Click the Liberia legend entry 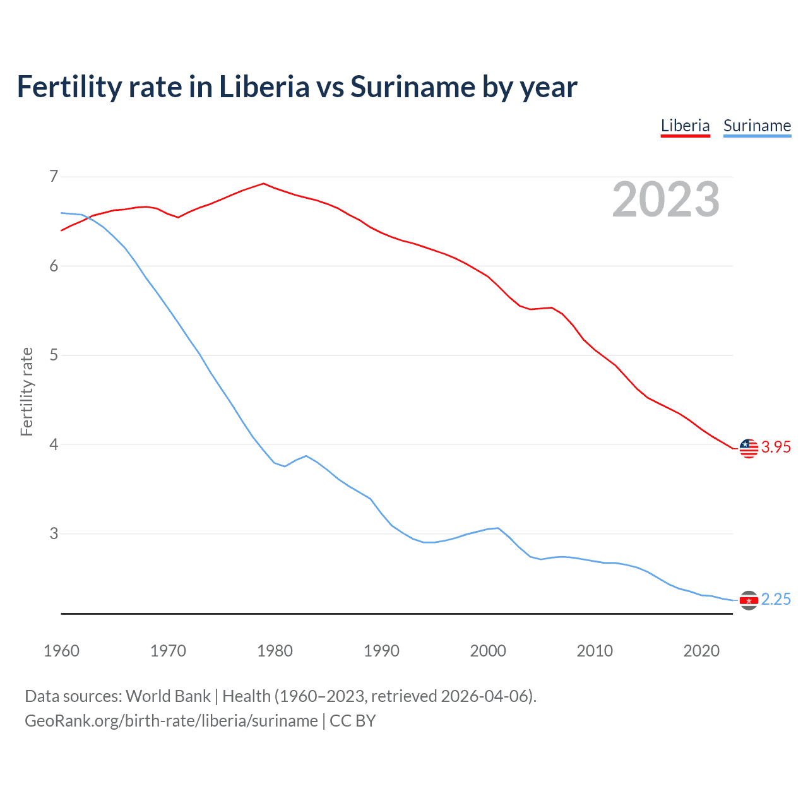[685, 126]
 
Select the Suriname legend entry [757, 126]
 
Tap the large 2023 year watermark [665, 199]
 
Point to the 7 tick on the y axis [54, 176]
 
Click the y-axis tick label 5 [54, 355]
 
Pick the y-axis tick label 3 [54, 533]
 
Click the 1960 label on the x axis [61, 651]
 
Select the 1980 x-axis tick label [275, 651]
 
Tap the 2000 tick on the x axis [488, 651]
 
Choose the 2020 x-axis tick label [701, 651]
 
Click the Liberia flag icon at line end [749, 448]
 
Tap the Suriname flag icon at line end [749, 600]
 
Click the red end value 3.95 [776, 448]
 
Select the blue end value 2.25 [776, 600]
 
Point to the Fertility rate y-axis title [27, 391]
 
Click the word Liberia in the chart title [264, 87]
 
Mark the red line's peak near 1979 [264, 184]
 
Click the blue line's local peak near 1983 [306, 456]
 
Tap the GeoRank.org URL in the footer [171, 721]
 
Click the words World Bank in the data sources [168, 696]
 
